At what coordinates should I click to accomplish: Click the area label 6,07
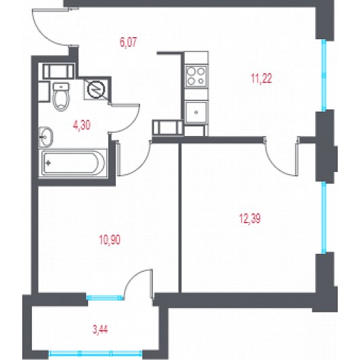click(x=129, y=42)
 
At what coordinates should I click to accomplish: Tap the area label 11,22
click(x=261, y=78)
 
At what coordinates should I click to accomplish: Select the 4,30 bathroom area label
click(x=81, y=126)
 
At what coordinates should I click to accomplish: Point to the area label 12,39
click(x=250, y=219)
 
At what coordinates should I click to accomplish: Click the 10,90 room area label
click(x=110, y=240)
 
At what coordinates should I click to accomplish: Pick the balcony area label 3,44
click(x=100, y=330)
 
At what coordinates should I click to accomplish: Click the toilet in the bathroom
click(x=61, y=97)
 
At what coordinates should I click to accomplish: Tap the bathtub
click(x=73, y=163)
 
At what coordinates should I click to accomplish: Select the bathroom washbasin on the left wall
click(x=46, y=137)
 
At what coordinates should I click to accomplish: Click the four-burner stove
click(x=196, y=76)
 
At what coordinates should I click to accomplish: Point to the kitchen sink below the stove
click(x=196, y=112)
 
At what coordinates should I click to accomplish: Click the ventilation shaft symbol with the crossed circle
click(x=95, y=89)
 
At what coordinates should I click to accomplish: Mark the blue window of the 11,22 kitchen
click(x=324, y=75)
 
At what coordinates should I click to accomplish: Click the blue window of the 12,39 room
click(x=324, y=217)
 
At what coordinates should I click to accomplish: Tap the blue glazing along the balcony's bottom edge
click(x=95, y=353)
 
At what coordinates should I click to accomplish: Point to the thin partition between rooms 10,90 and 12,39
click(x=180, y=218)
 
